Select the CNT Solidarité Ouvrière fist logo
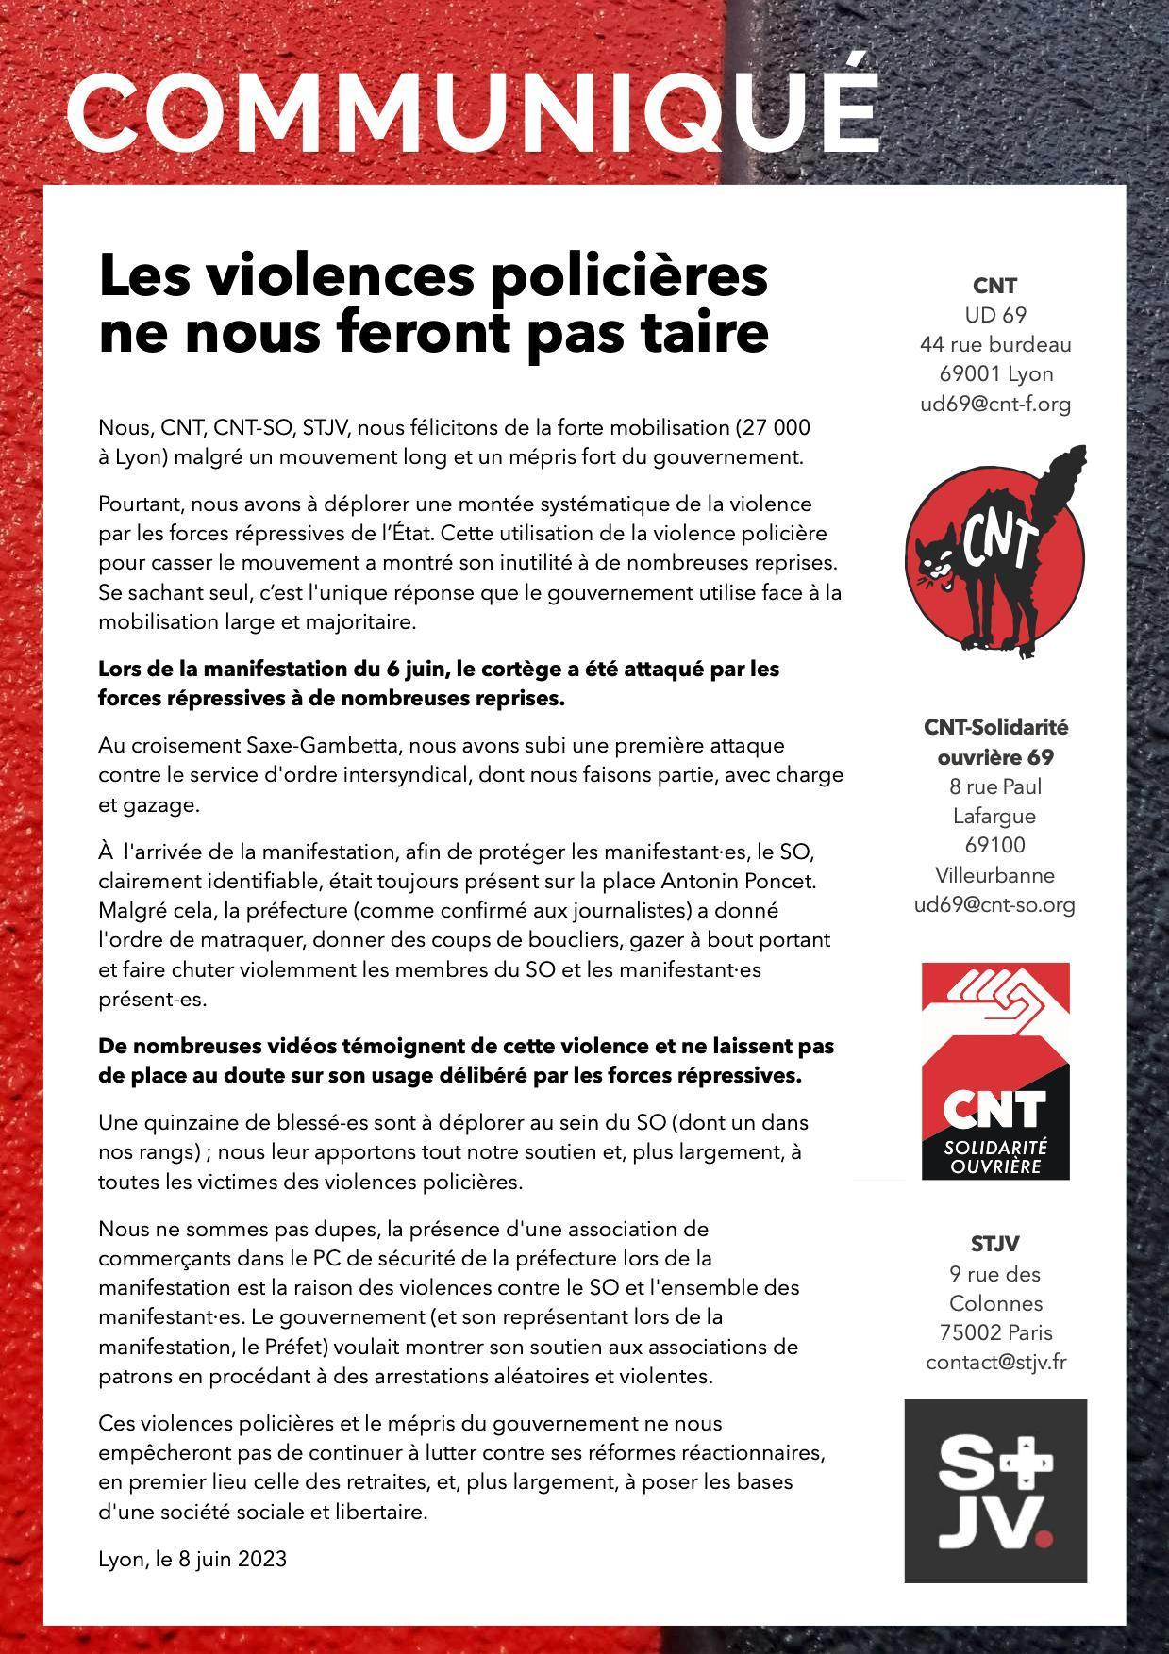[995, 1070]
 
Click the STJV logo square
[995, 1491]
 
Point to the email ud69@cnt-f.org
[995, 404]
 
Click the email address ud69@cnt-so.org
[995, 904]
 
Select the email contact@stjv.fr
[995, 1362]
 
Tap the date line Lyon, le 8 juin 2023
[192, 1559]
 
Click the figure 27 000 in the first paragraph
[776, 427]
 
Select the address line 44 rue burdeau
[995, 344]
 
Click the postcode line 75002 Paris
[995, 1332]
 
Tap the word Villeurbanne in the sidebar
[995, 875]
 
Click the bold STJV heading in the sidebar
[995, 1244]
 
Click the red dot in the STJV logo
[1043, 1539]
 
